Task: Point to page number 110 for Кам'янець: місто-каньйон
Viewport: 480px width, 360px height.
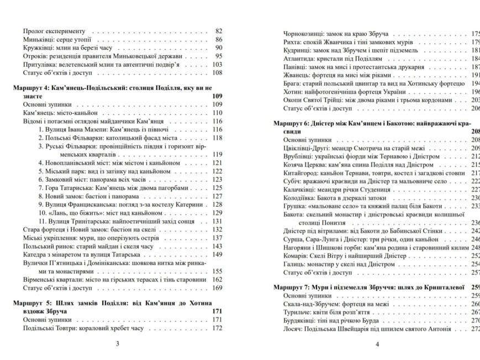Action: pos(217,113)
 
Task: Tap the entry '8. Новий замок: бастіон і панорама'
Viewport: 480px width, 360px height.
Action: pos(96,196)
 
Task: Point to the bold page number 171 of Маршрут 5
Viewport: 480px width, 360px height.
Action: pos(217,311)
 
